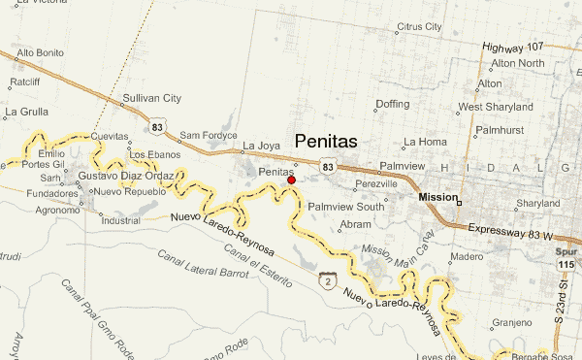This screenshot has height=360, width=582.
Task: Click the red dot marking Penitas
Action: [x=291, y=180]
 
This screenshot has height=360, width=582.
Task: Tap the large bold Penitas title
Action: [x=325, y=141]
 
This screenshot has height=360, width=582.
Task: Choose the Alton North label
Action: [x=516, y=64]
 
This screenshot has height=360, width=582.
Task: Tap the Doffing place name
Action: [x=393, y=103]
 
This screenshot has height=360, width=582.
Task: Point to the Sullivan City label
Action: [x=152, y=99]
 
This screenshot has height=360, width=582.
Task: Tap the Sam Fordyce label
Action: [x=203, y=135]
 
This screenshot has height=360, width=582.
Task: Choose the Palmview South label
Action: [x=345, y=206]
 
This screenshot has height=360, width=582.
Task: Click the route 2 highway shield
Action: [x=330, y=280]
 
